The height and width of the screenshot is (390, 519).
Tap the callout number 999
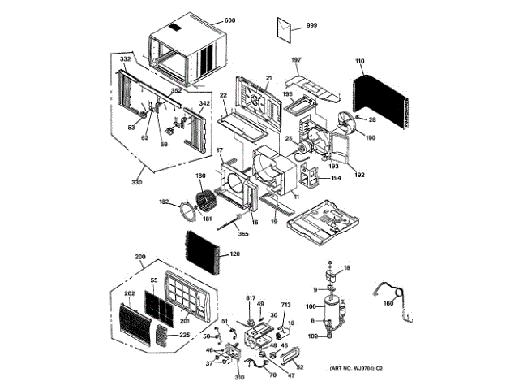[311, 26]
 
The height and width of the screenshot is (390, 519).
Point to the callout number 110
[359, 61]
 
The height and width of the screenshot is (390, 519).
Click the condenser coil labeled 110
[381, 102]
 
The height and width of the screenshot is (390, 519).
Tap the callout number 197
[296, 61]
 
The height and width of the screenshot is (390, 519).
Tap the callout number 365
[242, 234]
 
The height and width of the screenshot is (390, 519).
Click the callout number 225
[185, 335]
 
